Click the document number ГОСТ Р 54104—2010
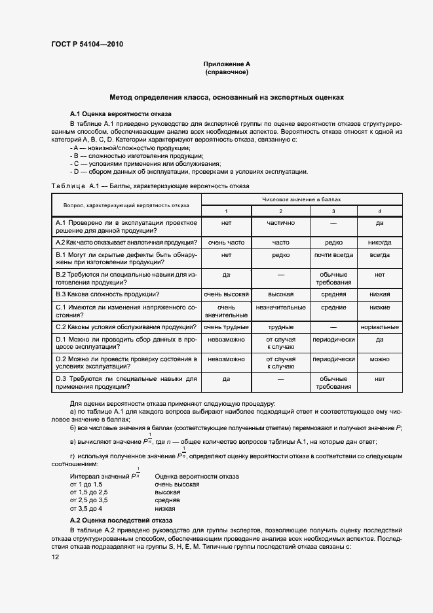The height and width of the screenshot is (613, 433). point(87,45)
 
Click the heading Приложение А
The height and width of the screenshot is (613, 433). point(227,64)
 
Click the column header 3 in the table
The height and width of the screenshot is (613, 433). point(333,210)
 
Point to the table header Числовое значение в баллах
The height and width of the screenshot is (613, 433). point(301,199)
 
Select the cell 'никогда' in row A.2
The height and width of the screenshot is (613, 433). point(379,242)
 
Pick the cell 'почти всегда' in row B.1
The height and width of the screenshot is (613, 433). point(333,254)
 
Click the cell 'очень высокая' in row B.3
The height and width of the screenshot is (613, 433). point(226,294)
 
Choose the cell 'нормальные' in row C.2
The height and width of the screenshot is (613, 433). point(379,326)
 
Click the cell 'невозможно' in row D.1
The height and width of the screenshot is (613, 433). point(226,340)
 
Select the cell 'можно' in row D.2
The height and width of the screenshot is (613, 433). point(379,359)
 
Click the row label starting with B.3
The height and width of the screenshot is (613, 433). point(109,294)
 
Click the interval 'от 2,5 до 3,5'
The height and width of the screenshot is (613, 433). point(88,500)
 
